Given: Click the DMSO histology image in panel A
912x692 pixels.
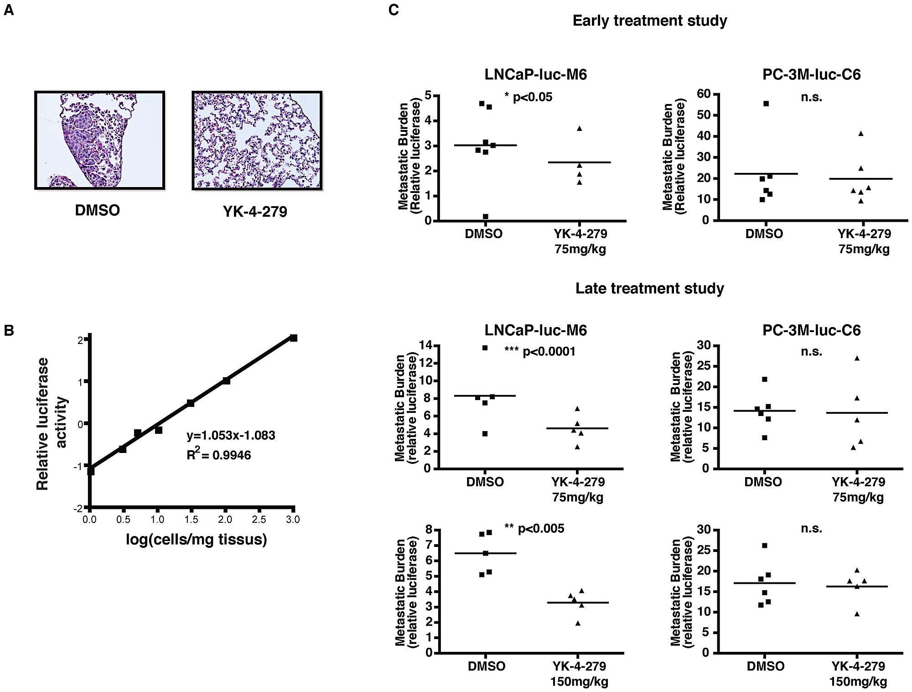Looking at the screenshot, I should pyautogui.click(x=99, y=140).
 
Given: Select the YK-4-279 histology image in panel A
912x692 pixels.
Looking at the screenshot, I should pyautogui.click(x=257, y=140).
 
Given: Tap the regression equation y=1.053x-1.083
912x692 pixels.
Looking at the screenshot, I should pyautogui.click(x=231, y=435).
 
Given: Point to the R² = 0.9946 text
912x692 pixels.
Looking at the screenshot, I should pyautogui.click(x=219, y=455).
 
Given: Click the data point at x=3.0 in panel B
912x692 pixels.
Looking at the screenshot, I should pyautogui.click(x=294, y=338).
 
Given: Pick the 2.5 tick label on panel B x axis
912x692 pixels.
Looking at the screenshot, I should pyautogui.click(x=259, y=520).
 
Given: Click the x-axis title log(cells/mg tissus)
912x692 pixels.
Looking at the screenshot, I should pyautogui.click(x=197, y=540).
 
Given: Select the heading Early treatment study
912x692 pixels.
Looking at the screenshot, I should pyautogui.click(x=649, y=21).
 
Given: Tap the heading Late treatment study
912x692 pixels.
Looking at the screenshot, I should pyautogui.click(x=649, y=288).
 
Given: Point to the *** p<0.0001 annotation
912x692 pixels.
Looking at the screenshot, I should pyautogui.click(x=539, y=351).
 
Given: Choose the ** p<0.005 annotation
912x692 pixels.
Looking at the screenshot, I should pyautogui.click(x=534, y=528).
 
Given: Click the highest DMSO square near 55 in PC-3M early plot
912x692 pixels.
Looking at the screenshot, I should pyautogui.click(x=766, y=104).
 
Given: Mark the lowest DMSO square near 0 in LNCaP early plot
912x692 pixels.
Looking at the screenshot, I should pyautogui.click(x=486, y=217).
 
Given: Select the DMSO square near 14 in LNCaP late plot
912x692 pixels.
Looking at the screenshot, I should pyautogui.click(x=485, y=348).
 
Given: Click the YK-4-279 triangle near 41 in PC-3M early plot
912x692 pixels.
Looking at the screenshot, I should pyautogui.click(x=861, y=134).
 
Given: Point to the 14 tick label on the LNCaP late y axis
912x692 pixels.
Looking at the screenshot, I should pyautogui.click(x=425, y=346).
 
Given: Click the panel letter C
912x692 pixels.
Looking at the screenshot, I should pyautogui.click(x=394, y=10).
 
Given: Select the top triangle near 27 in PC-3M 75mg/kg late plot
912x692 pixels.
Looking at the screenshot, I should pyautogui.click(x=857, y=358).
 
